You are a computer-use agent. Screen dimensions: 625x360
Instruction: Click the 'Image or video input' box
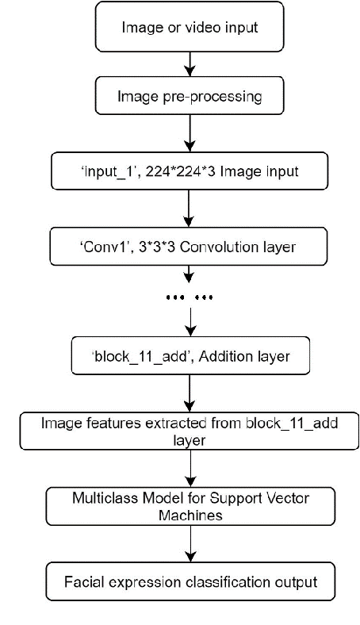coord(189,27)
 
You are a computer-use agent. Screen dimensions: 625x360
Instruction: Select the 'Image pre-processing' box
coord(189,98)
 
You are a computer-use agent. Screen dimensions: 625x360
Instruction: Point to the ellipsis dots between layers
coord(190,297)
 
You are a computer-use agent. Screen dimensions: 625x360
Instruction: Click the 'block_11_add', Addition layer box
coord(191,356)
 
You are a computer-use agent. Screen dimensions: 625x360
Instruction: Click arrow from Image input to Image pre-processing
coord(189,62)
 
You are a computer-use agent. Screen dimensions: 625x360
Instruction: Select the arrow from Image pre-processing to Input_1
coord(189,132)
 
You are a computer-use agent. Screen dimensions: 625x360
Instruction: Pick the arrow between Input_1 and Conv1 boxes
coord(189,208)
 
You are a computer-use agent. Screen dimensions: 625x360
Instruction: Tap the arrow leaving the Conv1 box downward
coord(189,274)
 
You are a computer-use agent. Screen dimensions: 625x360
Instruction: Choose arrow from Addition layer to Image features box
coord(189,392)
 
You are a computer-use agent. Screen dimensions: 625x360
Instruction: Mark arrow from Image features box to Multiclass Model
coord(189,470)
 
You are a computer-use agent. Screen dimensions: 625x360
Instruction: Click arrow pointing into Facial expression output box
coord(189,546)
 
